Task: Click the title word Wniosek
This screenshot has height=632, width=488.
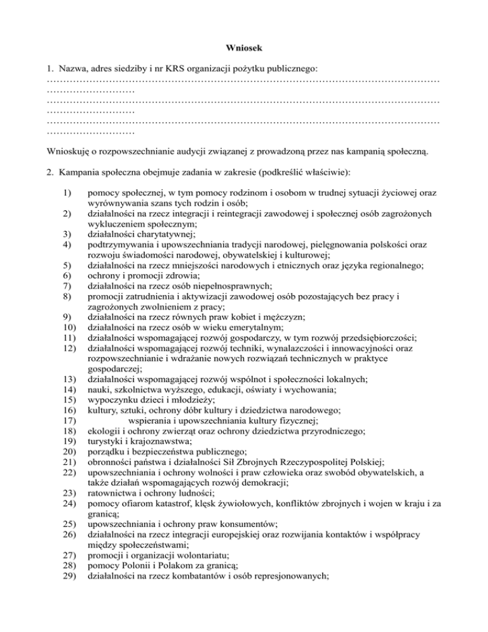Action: point(244,46)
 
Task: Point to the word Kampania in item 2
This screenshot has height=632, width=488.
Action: point(79,171)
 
